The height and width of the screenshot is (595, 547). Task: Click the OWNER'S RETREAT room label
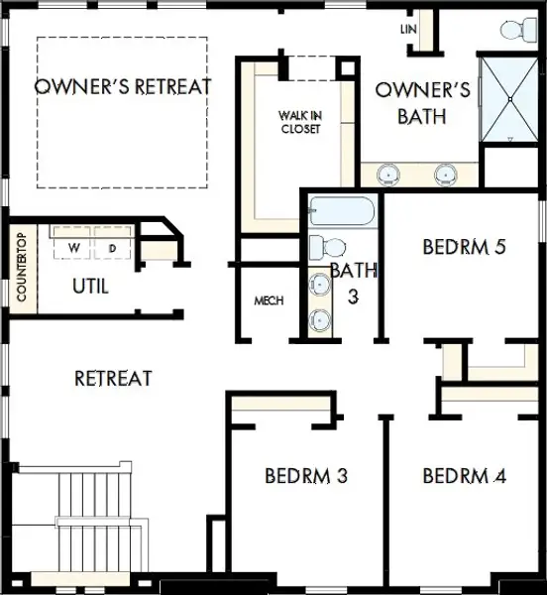(123, 86)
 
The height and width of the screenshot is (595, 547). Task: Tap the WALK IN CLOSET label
(299, 122)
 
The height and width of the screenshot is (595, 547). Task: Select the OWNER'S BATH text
(422, 103)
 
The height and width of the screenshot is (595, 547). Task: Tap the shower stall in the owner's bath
(507, 99)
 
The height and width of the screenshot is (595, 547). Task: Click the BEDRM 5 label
(464, 246)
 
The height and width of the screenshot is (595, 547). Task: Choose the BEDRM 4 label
(464, 476)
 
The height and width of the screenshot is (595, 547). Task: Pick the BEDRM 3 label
(306, 476)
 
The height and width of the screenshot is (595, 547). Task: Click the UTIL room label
(90, 287)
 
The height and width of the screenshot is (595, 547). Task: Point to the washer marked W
(74, 246)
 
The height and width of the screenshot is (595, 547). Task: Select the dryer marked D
(112, 246)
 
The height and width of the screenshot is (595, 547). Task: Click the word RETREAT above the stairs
(113, 378)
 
